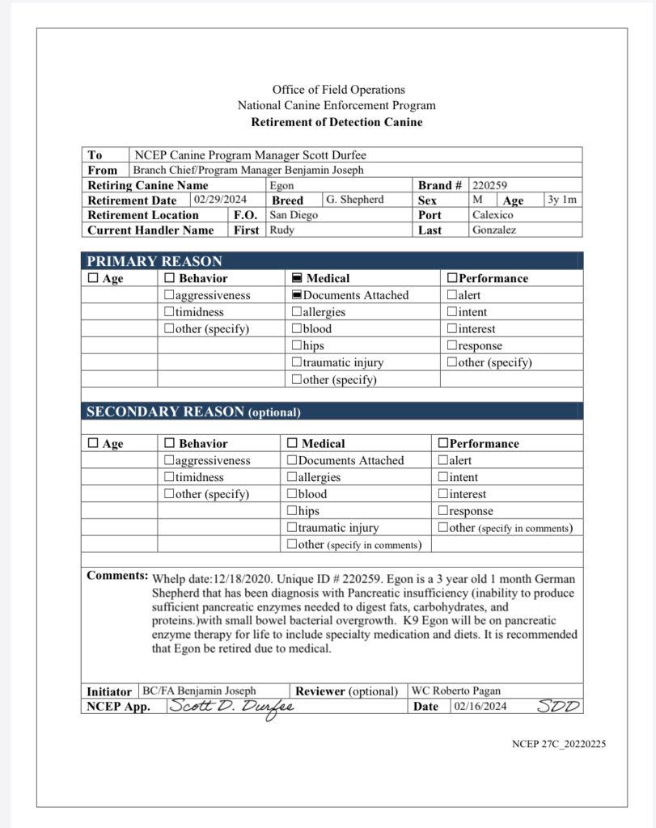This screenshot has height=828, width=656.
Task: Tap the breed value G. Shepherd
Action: click(354, 200)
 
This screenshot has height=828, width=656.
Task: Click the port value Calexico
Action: click(493, 215)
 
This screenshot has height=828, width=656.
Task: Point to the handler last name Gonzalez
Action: click(496, 230)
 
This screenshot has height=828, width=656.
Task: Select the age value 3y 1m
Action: click(561, 200)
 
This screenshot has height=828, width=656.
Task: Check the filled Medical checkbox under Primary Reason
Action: click(297, 278)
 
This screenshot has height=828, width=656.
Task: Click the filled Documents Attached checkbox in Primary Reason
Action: click(297, 295)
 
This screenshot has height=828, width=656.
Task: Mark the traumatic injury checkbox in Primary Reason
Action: click(297, 363)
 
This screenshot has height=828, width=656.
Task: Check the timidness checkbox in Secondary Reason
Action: click(169, 477)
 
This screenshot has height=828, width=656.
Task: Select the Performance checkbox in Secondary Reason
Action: click(442, 444)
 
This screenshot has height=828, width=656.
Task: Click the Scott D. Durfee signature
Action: click(231, 707)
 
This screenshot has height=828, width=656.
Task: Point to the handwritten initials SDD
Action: click(559, 706)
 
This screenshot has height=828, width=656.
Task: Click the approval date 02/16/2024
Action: click(482, 707)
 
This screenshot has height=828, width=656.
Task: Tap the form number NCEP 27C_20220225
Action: click(558, 744)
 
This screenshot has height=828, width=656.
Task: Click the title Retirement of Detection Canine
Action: click(336, 122)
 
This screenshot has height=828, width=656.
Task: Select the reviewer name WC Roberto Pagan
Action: click(456, 691)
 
